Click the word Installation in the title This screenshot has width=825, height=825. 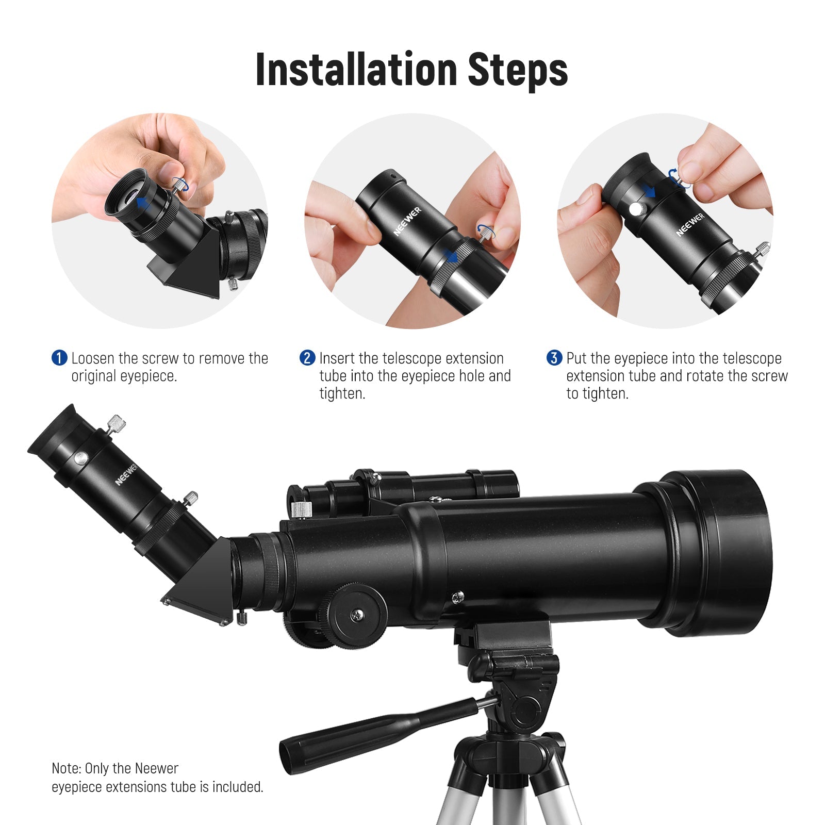(x=356, y=69)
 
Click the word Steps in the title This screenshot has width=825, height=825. (x=518, y=70)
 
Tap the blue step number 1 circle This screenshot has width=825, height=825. (x=59, y=358)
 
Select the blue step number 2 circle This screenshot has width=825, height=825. (x=307, y=358)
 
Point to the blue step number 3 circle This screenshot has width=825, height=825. (x=554, y=358)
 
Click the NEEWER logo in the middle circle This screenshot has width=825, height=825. (x=407, y=222)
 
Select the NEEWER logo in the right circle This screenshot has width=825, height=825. (x=690, y=225)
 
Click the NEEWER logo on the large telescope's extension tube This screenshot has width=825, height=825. (x=126, y=474)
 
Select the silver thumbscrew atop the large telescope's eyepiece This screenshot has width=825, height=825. (x=117, y=424)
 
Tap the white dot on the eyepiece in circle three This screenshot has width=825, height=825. (x=636, y=209)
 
